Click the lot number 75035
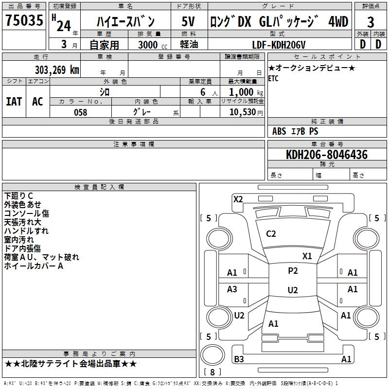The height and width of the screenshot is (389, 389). tap(24, 20)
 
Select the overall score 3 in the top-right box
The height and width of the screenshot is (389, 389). tap(371, 22)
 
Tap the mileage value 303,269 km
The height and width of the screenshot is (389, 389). tap(57, 70)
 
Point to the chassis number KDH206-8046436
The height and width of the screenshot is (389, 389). tap(327, 155)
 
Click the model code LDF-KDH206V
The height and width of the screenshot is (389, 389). tap(279, 45)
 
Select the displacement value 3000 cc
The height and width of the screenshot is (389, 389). tap(153, 45)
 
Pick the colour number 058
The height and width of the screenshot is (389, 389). tap(81, 112)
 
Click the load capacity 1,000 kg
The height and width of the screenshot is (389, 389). tap(246, 92)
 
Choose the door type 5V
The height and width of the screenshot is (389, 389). tap(188, 21)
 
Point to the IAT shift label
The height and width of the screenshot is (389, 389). tap(14, 102)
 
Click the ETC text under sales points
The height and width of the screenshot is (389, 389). tap(273, 78)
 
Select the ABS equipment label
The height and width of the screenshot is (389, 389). tap(279, 131)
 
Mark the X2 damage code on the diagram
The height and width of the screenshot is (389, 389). tap(238, 199)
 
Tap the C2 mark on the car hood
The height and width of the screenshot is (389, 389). tap(271, 234)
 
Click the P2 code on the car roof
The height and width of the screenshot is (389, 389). tap(293, 271)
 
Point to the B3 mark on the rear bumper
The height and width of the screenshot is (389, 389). tap(239, 359)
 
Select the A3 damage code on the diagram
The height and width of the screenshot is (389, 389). tap(232, 289)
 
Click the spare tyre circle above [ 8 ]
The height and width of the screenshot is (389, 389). tap(212, 355)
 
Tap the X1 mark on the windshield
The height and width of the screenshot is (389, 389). tap(307, 256)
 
